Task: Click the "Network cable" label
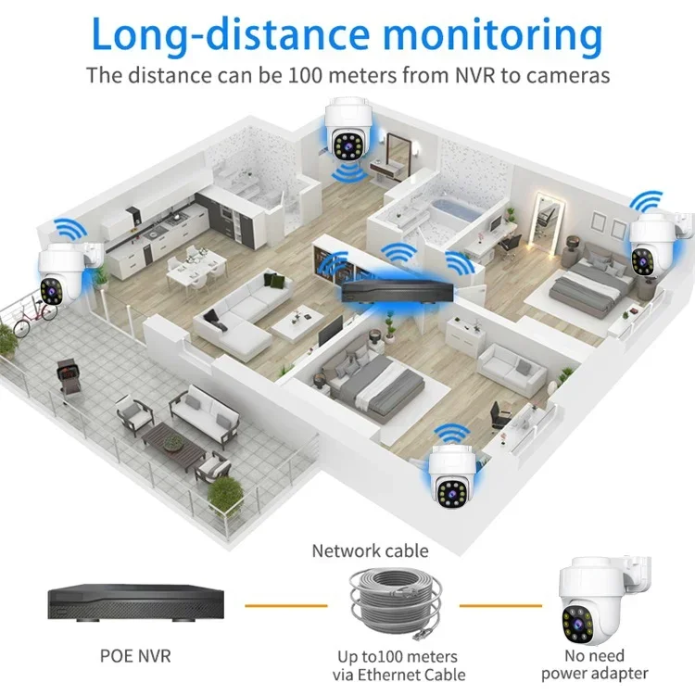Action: tap(371, 551)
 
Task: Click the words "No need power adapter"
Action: tap(595, 664)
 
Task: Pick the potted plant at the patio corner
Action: tap(224, 499)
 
